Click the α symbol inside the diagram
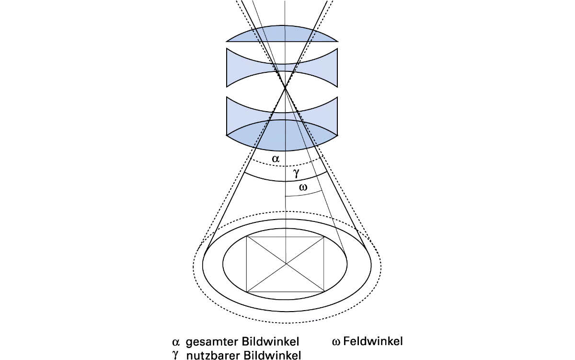[276, 159]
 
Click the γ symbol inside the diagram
[296, 173]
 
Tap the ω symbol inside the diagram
[303, 187]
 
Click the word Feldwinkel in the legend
[373, 341]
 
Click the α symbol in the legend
[175, 342]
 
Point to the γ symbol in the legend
[175, 356]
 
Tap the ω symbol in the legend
[336, 342]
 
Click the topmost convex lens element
[282, 34]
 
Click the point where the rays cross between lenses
[285, 88]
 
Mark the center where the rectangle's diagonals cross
[286, 264]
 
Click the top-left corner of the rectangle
[247, 236]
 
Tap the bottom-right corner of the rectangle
[324, 292]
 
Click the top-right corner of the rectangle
[324, 236]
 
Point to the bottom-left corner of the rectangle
[247, 292]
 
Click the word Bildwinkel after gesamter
[270, 341]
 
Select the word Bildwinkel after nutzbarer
[272, 355]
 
